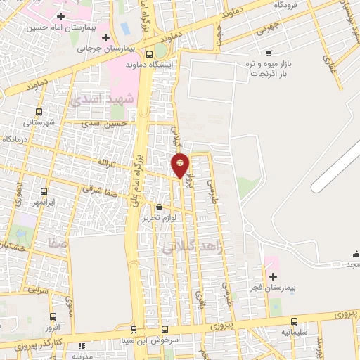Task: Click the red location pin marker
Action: [180, 165]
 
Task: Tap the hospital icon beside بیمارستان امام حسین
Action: [61, 16]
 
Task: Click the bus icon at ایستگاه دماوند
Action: [149, 53]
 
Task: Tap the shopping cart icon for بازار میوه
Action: [269, 53]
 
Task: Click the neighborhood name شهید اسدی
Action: [103, 99]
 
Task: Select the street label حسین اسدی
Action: [105, 123]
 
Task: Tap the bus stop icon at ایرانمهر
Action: [44, 191]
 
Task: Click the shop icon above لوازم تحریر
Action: [159, 207]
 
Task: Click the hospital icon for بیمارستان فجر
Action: [273, 276]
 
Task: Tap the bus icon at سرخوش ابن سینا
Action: [165, 329]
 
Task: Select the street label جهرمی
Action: [269, 26]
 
